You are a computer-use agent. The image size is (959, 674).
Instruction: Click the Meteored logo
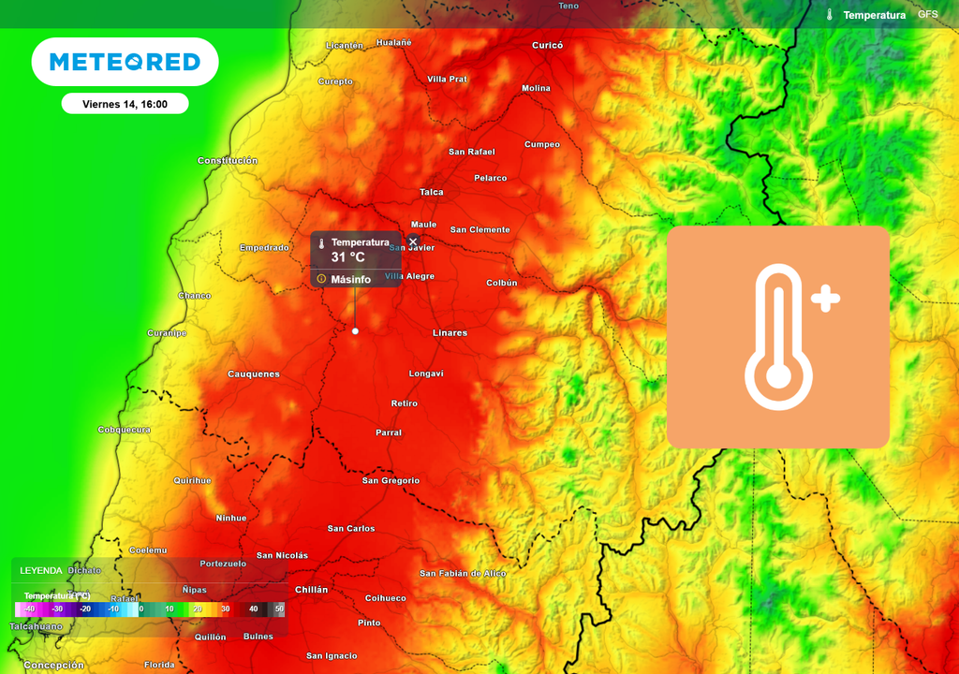(x=125, y=62)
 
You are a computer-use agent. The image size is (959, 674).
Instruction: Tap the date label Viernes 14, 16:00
(x=125, y=104)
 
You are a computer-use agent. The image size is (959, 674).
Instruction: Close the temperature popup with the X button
(x=413, y=242)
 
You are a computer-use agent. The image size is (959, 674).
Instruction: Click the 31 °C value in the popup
(x=347, y=257)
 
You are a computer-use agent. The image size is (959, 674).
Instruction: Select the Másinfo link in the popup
(x=350, y=279)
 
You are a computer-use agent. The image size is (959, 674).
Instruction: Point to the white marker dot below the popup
(x=355, y=330)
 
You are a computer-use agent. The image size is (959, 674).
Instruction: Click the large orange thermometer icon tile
(x=777, y=337)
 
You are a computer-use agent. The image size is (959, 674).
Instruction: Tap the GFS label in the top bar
(x=927, y=15)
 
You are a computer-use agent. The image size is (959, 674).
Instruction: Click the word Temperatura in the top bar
(x=874, y=15)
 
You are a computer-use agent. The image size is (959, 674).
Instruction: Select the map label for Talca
(x=431, y=192)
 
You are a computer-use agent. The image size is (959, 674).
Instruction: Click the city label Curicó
(x=547, y=45)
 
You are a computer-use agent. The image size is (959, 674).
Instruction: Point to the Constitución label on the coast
(x=227, y=161)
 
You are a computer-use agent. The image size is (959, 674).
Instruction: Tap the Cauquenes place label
(x=253, y=374)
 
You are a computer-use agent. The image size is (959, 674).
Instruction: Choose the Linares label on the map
(x=450, y=333)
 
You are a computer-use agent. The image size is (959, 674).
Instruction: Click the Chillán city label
(x=311, y=590)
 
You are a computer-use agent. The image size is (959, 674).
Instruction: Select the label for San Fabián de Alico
(x=462, y=574)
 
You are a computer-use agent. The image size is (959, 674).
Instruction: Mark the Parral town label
(x=388, y=433)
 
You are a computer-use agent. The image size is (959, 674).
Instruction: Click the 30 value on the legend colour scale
(x=225, y=608)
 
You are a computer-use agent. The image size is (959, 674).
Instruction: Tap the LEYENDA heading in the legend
(x=41, y=570)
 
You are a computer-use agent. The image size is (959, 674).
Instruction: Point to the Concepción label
(x=53, y=666)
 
